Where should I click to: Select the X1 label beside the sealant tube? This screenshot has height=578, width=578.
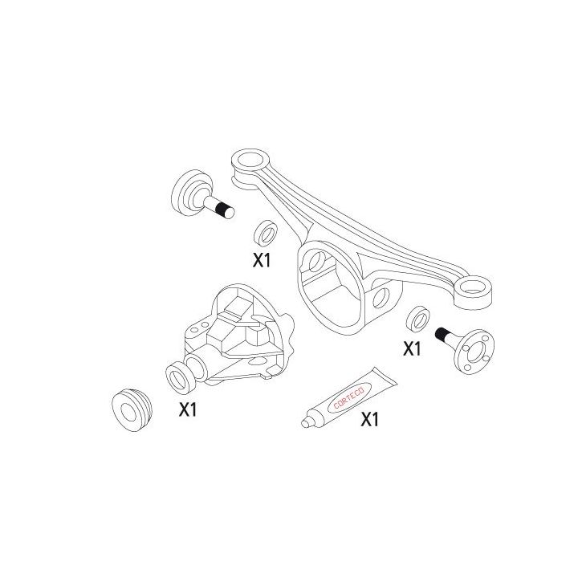click(x=370, y=419)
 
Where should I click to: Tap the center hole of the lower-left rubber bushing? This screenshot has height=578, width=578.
click(x=130, y=410)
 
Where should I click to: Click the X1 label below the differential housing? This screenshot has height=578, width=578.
click(x=188, y=409)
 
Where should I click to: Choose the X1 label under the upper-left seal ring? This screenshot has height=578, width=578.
click(x=263, y=260)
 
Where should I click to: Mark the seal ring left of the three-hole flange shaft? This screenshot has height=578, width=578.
click(x=417, y=319)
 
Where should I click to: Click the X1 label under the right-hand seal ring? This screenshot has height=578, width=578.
click(x=412, y=349)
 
